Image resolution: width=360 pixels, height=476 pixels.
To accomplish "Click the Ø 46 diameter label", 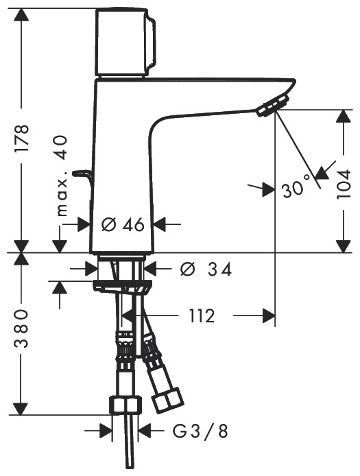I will (x=122, y=224).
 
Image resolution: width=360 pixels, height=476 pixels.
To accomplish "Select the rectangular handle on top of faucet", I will (x=124, y=42).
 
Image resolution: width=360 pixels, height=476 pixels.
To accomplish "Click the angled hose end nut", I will (x=167, y=401).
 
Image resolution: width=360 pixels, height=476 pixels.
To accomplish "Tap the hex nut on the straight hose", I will (x=126, y=405).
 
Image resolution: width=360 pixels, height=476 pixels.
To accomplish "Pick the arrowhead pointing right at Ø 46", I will (x=85, y=224).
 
